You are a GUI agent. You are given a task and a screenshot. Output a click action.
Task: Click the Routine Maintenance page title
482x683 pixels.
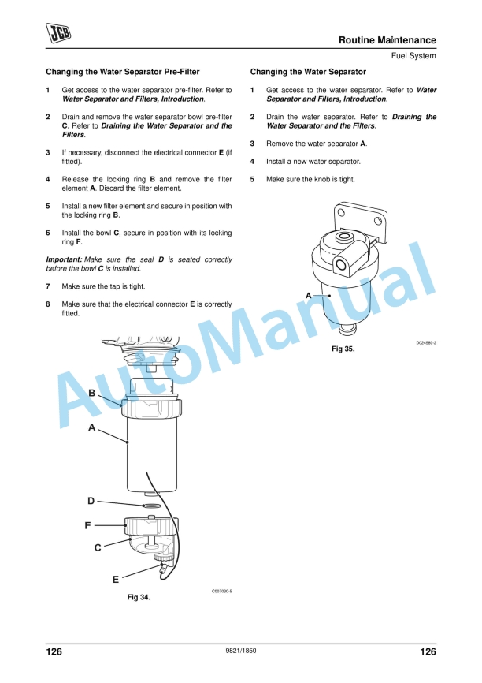click(x=387, y=40)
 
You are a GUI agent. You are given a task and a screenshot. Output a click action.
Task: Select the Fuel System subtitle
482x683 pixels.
click(x=413, y=56)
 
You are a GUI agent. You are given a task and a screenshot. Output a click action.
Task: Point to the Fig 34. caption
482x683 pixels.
click(x=139, y=597)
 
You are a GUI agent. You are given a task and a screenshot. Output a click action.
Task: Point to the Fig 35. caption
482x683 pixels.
click(x=343, y=348)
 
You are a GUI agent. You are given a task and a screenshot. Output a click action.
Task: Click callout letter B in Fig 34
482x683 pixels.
click(x=92, y=393)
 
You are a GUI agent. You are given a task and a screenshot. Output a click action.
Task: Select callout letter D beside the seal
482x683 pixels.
click(x=91, y=501)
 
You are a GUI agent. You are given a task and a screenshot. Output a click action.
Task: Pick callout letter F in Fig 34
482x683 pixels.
click(x=89, y=524)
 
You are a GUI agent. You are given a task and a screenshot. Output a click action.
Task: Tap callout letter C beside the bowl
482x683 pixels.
click(x=98, y=547)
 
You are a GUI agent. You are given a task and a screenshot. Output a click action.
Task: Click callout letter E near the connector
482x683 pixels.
click(x=115, y=580)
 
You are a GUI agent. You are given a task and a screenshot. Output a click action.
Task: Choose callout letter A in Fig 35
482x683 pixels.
click(x=309, y=294)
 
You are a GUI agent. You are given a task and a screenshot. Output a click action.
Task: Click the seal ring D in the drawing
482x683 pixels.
click(x=152, y=502)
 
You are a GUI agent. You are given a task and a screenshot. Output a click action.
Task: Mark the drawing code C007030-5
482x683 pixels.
click(x=221, y=590)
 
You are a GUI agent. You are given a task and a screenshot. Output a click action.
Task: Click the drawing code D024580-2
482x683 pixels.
click(x=426, y=343)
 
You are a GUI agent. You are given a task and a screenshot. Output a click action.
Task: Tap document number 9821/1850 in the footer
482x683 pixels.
click(x=241, y=651)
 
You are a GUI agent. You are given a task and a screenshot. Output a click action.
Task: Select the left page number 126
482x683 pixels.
click(x=54, y=651)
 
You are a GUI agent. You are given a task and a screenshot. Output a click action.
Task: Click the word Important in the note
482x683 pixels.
click(x=63, y=259)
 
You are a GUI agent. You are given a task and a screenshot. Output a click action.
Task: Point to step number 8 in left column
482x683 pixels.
click(x=48, y=304)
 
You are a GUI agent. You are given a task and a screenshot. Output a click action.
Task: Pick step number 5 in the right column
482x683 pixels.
click(x=253, y=179)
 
